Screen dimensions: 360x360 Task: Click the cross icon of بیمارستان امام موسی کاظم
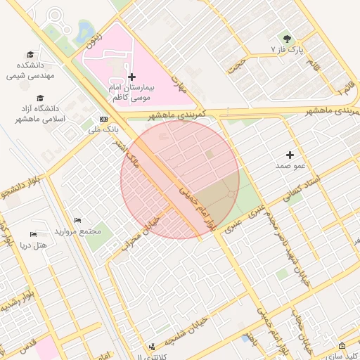[131, 76]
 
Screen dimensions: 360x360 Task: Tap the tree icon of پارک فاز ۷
[286, 39]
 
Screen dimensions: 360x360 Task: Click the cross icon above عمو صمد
[290, 154]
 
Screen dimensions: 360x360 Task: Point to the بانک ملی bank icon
[104, 119]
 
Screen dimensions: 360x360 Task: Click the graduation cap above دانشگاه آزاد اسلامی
[40, 98]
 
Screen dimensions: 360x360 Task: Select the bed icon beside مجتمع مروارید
[77, 221]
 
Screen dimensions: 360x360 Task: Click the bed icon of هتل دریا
[33, 234]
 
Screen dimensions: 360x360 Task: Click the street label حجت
[243, 64]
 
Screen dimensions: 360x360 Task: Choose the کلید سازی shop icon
[342, 346]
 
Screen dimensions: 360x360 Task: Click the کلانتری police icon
[152, 346]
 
